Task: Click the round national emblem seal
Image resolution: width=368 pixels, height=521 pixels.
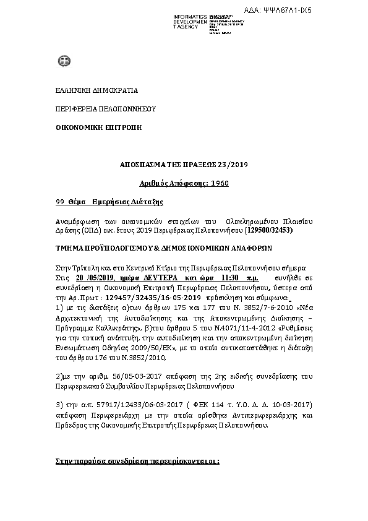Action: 62,61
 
